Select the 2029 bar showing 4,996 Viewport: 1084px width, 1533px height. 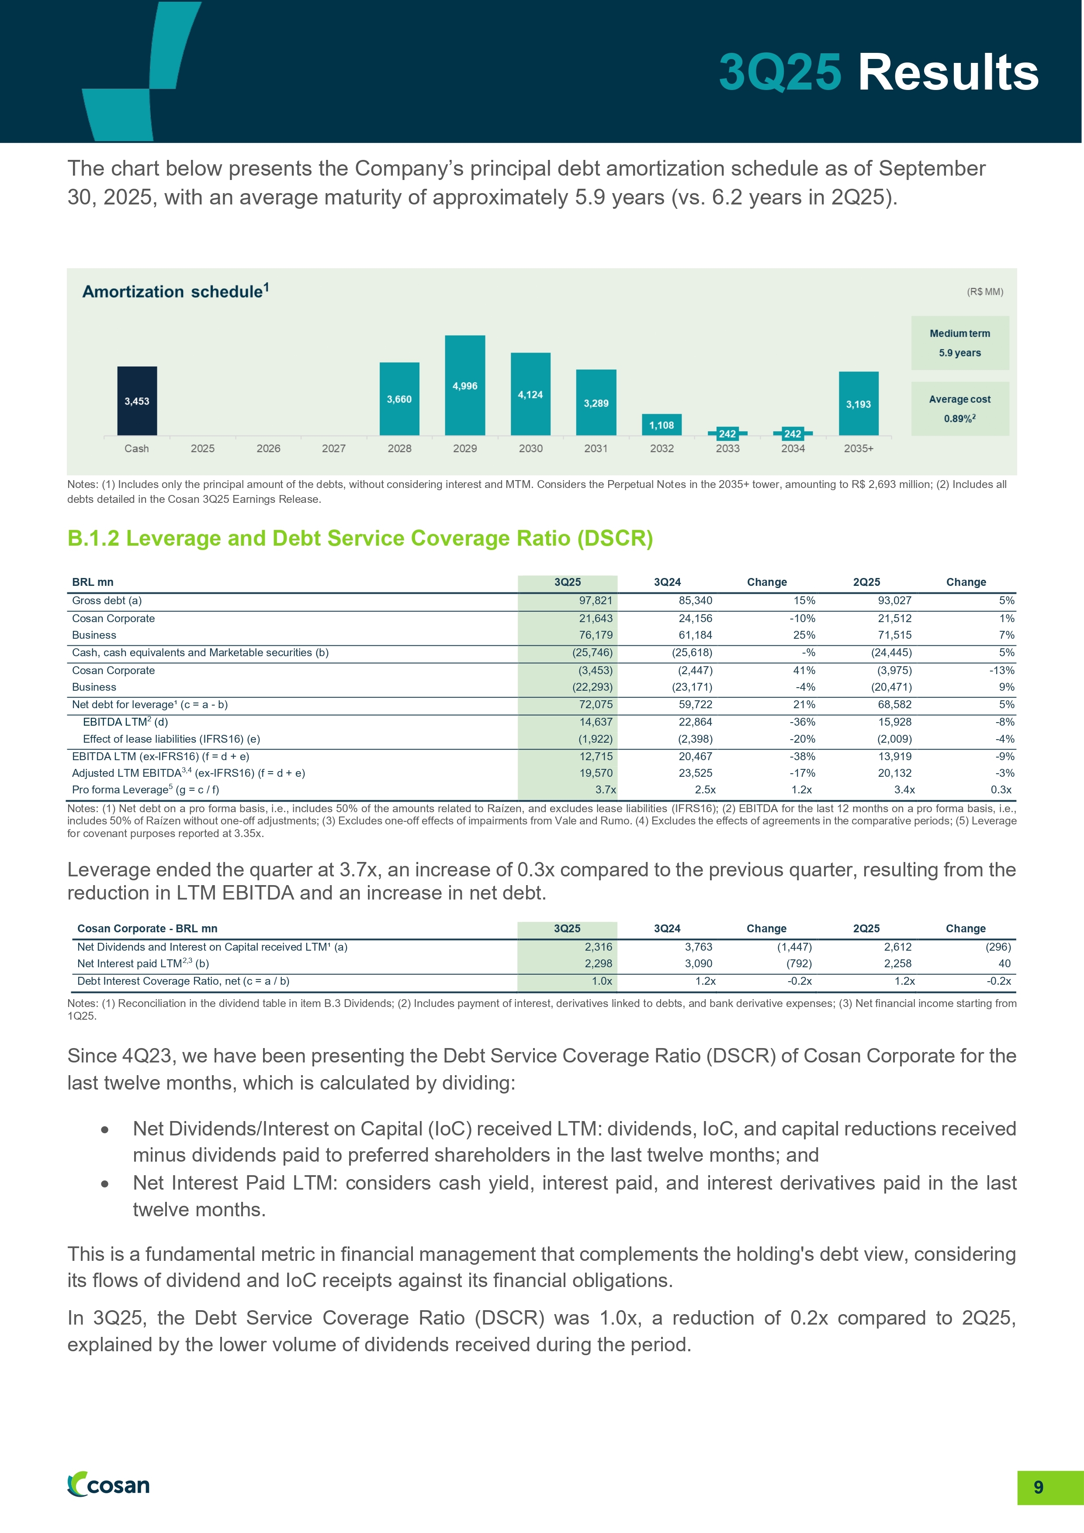point(465,385)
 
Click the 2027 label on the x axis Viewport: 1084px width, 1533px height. point(334,449)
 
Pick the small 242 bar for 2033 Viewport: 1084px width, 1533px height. point(727,433)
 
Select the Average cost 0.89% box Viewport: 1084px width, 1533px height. point(960,408)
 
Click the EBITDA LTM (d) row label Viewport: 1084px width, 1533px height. point(125,722)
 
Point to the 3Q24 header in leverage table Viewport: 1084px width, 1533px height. point(667,582)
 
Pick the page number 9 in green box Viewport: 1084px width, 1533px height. point(1038,1487)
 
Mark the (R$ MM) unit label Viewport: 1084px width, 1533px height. point(984,292)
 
